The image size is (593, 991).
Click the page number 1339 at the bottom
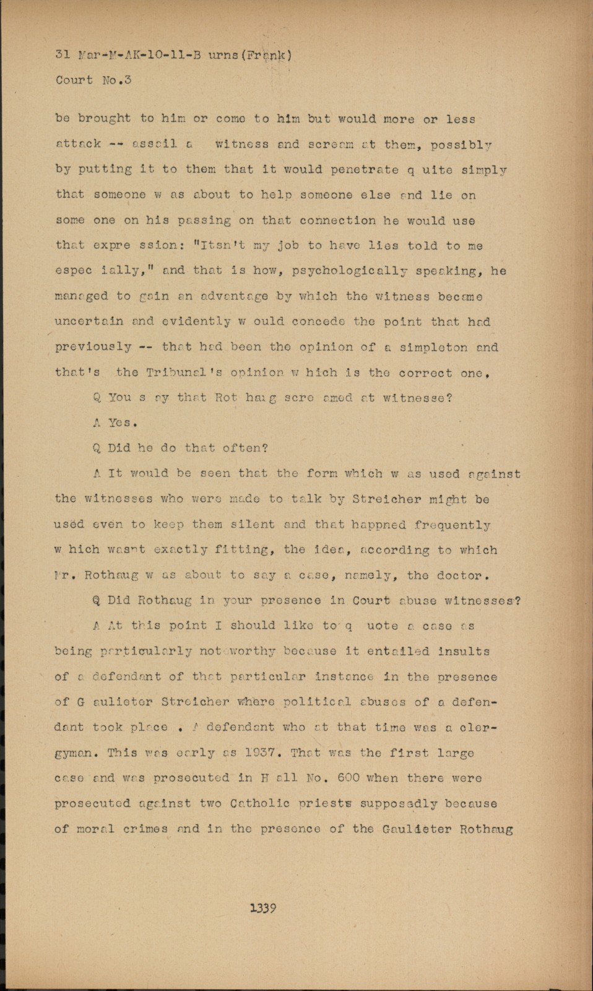pos(262,909)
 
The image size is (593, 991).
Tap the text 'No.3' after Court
pos(116,80)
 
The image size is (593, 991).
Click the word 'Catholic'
pos(259,803)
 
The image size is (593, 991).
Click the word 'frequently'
pos(452,525)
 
